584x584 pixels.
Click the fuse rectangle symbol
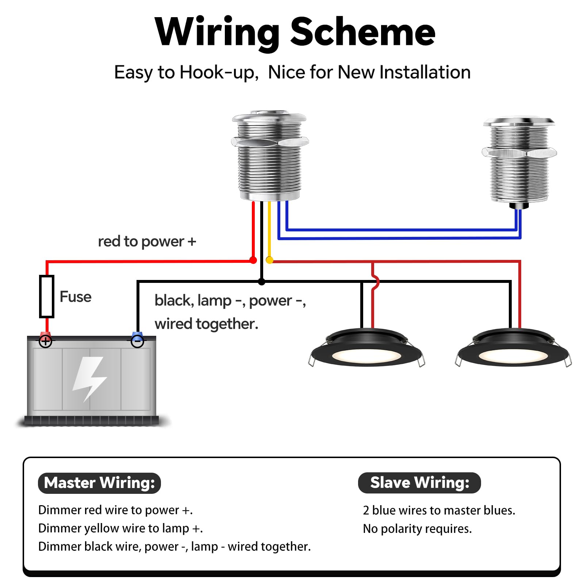click(47, 296)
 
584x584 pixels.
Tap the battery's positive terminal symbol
click(46, 342)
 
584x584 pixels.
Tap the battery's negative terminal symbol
click(137, 342)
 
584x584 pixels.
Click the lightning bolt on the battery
click(90, 378)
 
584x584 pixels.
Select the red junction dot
click(253, 260)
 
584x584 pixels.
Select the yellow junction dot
click(269, 260)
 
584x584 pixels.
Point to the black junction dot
click(261, 282)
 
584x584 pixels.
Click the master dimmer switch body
click(270, 157)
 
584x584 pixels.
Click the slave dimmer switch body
click(519, 161)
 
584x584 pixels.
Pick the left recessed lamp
click(366, 349)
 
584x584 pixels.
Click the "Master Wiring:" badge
click(99, 483)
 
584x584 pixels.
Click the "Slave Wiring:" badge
click(419, 483)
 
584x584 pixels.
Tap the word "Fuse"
click(76, 297)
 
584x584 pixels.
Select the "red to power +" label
click(147, 242)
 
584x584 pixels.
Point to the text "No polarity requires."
click(417, 529)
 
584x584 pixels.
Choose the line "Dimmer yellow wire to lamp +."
click(120, 529)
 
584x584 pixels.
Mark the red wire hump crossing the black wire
click(375, 282)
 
